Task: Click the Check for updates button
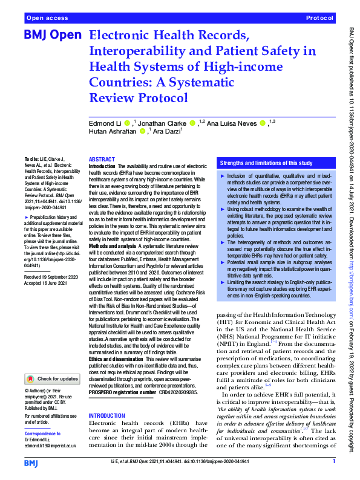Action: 51,379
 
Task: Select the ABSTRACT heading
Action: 102,158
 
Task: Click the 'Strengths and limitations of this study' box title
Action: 267,163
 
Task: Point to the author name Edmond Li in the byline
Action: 105,123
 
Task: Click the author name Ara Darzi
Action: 169,131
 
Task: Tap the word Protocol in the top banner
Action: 319,19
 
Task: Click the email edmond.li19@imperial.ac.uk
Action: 50,445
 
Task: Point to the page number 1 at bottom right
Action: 334,461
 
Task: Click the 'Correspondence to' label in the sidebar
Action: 43,433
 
